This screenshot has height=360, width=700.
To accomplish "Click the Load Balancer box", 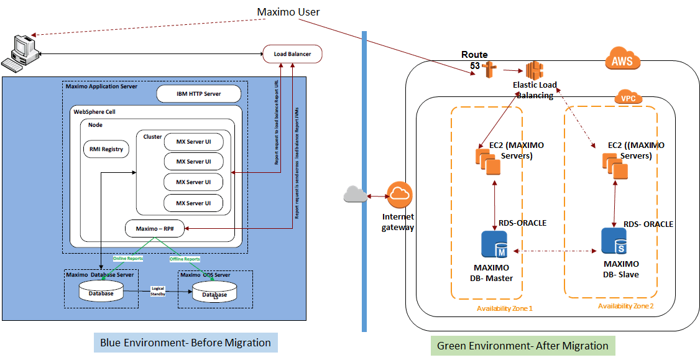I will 292,55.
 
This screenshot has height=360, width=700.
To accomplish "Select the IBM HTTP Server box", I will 198,94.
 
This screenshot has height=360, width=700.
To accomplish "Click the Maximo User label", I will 288,12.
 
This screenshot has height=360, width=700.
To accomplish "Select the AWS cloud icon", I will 622,61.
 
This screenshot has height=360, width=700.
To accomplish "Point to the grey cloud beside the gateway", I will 356,195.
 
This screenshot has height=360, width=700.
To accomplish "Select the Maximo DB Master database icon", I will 495,245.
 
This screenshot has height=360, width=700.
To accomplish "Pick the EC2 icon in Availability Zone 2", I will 614,166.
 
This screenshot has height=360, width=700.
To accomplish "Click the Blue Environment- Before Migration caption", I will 185,343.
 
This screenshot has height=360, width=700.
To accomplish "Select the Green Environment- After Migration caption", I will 523,346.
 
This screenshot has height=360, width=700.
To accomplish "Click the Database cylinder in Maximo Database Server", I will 101,292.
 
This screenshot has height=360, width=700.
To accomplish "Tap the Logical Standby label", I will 157,292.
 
